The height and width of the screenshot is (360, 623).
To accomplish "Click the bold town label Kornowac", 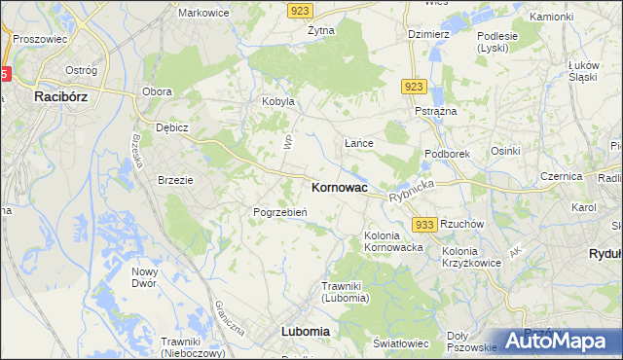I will tap(339, 188).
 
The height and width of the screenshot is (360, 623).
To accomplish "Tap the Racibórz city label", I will tap(63, 96).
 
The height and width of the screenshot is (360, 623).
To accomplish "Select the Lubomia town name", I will tap(305, 331).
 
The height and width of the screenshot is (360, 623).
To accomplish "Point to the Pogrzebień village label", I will tap(280, 212).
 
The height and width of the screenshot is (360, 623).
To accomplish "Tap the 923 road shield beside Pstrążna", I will tap(414, 87).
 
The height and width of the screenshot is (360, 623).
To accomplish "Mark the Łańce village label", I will tap(360, 143).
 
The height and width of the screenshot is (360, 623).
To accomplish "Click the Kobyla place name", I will tap(277, 102).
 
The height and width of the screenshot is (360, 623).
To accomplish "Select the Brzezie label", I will tap(177, 180).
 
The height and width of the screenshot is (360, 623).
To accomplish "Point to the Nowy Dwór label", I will tap(145, 277).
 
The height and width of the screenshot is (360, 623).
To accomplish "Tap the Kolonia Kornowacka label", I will tap(393, 241).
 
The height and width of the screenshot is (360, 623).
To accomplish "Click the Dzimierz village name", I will tap(428, 33).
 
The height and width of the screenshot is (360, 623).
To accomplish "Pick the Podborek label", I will tap(448, 154).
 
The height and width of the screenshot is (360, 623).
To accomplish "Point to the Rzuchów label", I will tap(462, 223).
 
